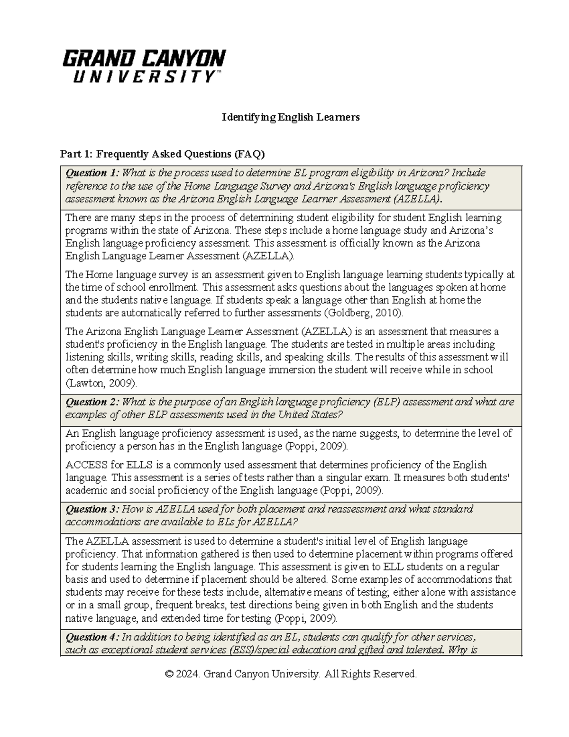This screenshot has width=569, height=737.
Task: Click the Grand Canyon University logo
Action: click(144, 66)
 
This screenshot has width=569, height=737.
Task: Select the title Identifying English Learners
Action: click(291, 117)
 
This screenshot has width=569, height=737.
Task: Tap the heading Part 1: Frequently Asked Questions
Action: click(162, 154)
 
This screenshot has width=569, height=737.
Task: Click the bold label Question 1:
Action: click(92, 173)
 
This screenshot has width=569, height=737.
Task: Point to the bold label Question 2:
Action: click(92, 402)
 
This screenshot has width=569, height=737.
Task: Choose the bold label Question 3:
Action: click(92, 509)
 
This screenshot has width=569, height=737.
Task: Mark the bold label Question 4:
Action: click(92, 637)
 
